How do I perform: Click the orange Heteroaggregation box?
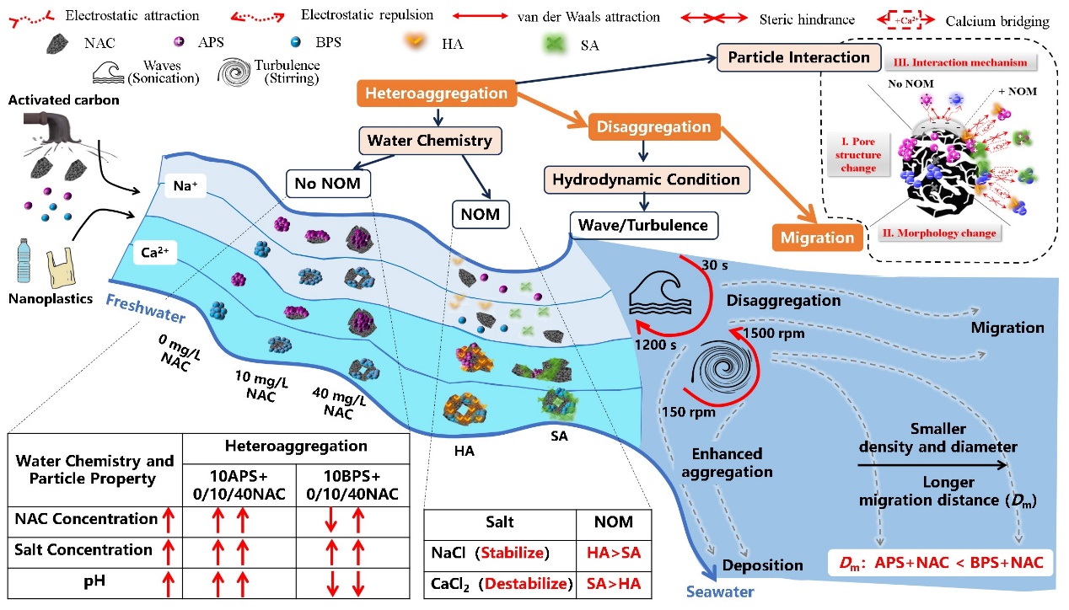436,94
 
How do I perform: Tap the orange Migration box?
816,238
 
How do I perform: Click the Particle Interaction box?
798,58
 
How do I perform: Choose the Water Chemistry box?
429,140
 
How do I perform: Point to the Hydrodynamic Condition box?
647,179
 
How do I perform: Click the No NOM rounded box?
328,181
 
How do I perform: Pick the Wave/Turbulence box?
644,225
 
